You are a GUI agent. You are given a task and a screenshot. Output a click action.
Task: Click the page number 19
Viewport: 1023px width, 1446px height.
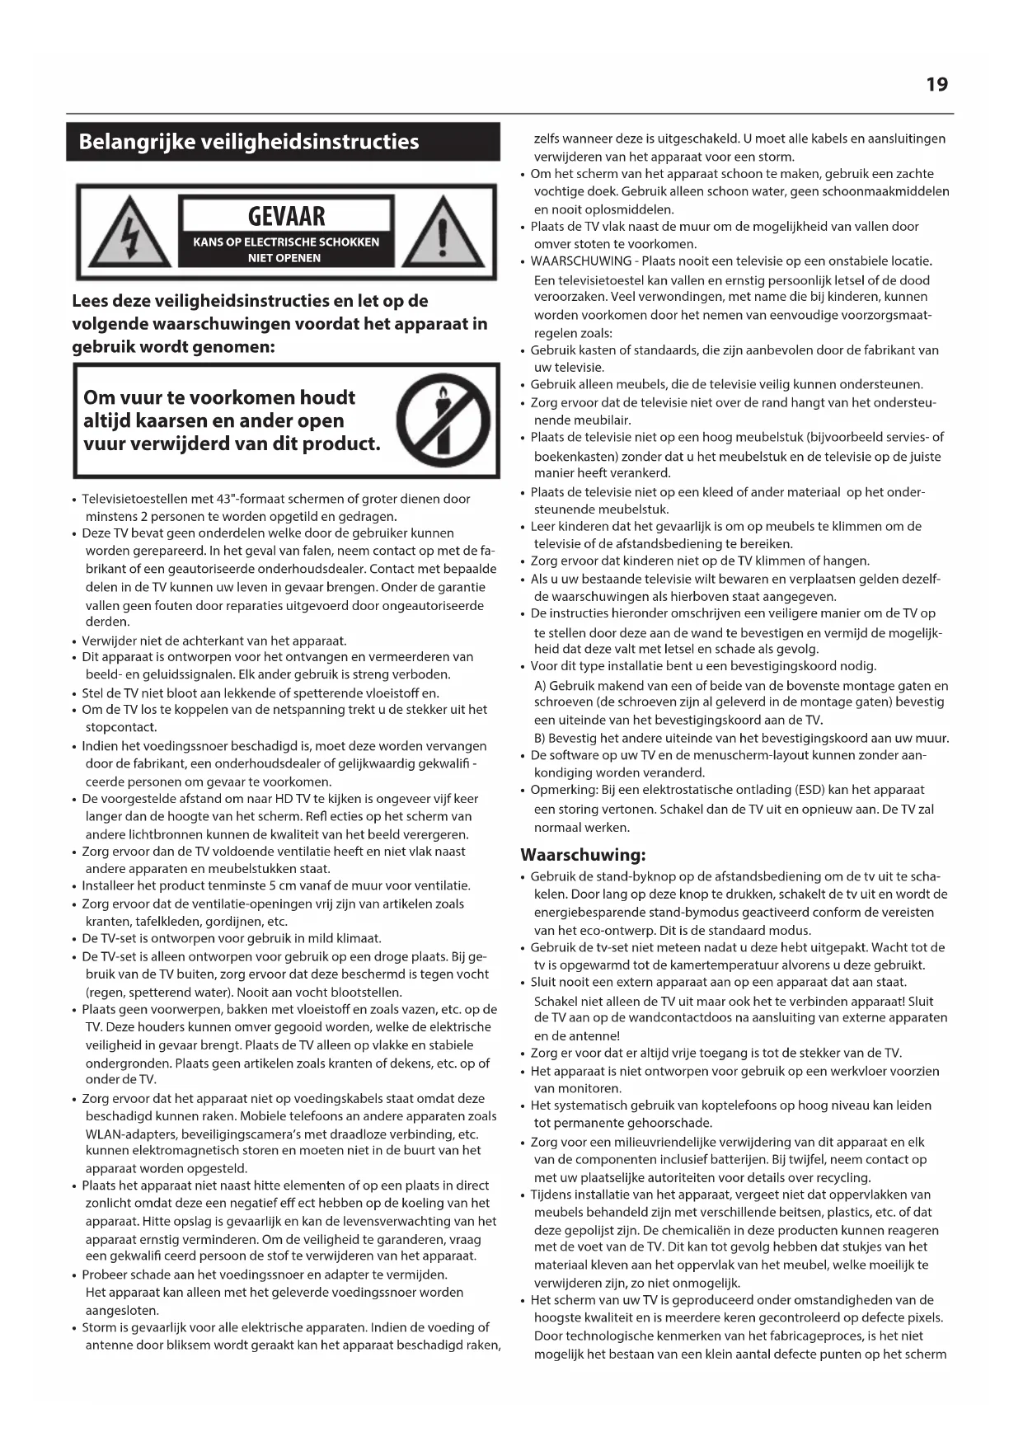click(936, 84)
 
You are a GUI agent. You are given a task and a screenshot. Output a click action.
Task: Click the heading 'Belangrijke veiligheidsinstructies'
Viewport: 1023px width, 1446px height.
click(248, 142)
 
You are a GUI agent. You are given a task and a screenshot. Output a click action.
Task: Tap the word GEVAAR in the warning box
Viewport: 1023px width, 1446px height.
click(286, 216)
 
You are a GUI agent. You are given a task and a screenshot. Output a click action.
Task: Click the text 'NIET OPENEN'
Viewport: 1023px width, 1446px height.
click(284, 258)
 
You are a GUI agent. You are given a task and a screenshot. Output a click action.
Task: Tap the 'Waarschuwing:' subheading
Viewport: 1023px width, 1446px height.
click(583, 854)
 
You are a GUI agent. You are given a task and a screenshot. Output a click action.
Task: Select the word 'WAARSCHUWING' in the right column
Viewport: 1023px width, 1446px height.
click(580, 261)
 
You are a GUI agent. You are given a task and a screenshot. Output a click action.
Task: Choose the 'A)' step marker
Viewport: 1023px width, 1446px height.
click(540, 686)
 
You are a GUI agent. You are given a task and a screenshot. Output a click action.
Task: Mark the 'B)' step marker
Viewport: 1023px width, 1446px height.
click(540, 739)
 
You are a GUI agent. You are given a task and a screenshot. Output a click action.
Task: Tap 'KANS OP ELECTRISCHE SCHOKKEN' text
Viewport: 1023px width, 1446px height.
click(286, 242)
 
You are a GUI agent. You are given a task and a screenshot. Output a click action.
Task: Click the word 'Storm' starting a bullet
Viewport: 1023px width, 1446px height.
click(99, 1327)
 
